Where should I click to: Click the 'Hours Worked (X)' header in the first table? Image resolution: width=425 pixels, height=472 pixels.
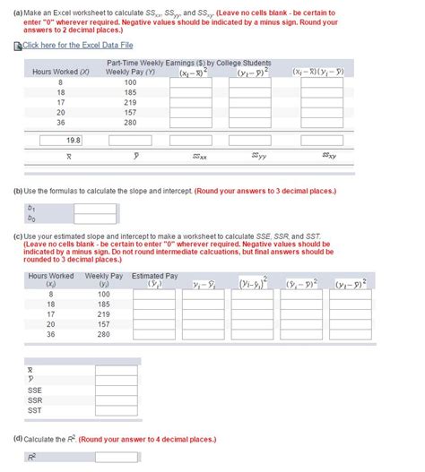(x=61, y=72)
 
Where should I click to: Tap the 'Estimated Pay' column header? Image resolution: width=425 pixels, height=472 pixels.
(x=154, y=276)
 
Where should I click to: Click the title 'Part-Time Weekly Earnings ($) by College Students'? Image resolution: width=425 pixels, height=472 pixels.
(x=188, y=63)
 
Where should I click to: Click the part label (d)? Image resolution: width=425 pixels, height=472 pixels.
(x=19, y=439)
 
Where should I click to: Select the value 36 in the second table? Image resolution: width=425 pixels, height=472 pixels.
(x=50, y=334)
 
